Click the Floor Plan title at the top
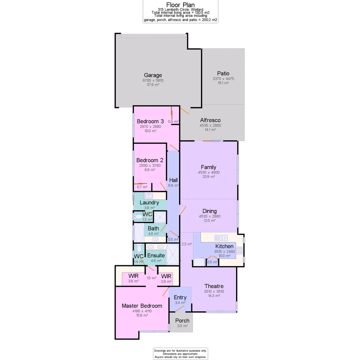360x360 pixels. [180, 5]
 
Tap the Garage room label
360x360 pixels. [153, 75]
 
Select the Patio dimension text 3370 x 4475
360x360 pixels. [223, 79]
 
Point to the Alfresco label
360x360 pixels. [210, 120]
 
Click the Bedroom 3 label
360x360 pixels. [150, 121]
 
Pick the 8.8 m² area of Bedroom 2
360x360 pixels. [150, 170]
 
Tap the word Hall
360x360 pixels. [173, 180]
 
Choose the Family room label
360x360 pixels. [209, 167]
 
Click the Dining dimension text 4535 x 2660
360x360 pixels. [210, 216]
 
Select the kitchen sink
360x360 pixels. [221, 238]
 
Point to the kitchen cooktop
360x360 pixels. [240, 251]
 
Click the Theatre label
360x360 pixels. [214, 286]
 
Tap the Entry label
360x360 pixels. [180, 297]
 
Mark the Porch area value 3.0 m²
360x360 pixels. [182, 326]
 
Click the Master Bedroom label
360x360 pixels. [142, 306]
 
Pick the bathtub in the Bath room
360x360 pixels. [139, 232]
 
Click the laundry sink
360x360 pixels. [148, 196]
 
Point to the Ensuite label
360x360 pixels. [156, 256]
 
